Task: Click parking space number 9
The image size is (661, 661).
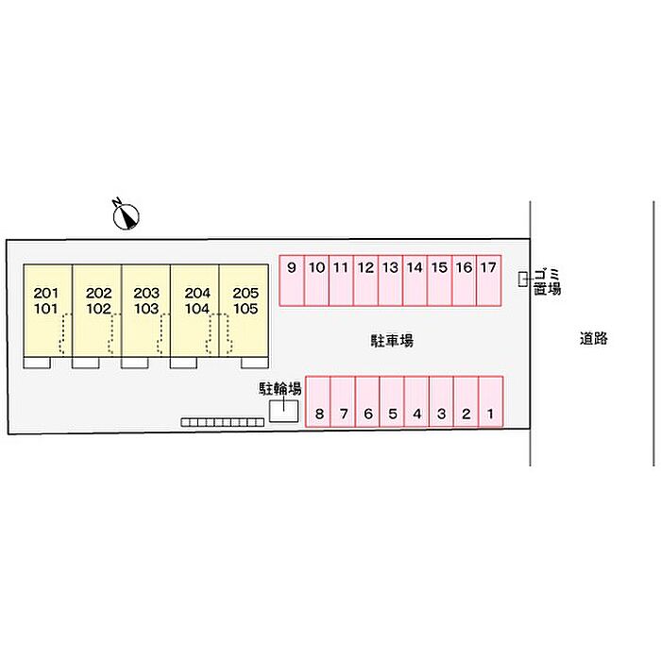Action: coord(292,280)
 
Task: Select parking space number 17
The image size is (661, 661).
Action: coord(489,280)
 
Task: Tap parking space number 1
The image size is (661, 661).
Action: coord(491,401)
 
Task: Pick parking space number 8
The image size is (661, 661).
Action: coord(318,401)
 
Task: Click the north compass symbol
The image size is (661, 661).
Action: coord(126,214)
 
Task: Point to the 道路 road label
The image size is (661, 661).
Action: coord(594,338)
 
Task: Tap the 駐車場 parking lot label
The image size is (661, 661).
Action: coord(392,340)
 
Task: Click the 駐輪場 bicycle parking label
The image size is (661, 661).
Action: coord(280,389)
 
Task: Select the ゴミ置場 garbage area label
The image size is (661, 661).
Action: coord(547,281)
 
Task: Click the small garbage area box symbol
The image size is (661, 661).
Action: coord(523,280)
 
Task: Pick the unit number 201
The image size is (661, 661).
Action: coord(46,293)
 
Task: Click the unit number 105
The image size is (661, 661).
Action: coord(246,309)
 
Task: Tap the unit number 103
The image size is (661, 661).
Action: coord(146,309)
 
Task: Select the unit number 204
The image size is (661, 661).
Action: coord(197,293)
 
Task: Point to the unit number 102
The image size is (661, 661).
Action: coord(98,309)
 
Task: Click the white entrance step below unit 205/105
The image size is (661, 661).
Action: coord(255,363)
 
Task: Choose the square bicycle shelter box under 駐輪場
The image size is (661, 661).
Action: coord(283,411)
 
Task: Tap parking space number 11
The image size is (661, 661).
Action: coord(341,280)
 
